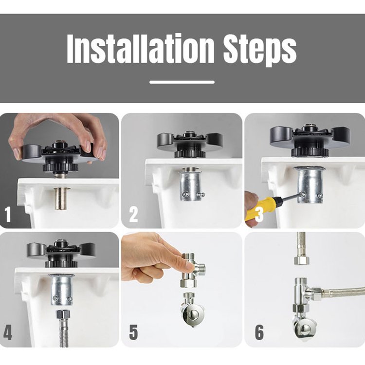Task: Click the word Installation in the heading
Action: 140,48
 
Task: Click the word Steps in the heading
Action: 259,50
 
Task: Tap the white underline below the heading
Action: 182,82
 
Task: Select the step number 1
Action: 8,214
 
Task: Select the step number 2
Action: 134,214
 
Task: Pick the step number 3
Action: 259,214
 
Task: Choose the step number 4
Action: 8,333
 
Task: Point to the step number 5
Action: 134,333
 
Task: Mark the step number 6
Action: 259,333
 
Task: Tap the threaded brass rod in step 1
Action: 61,199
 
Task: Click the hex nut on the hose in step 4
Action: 63,314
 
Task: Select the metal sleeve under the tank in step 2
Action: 191,184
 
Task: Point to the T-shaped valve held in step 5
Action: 192,270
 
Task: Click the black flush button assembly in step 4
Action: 61,255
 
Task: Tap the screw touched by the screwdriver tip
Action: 302,193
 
